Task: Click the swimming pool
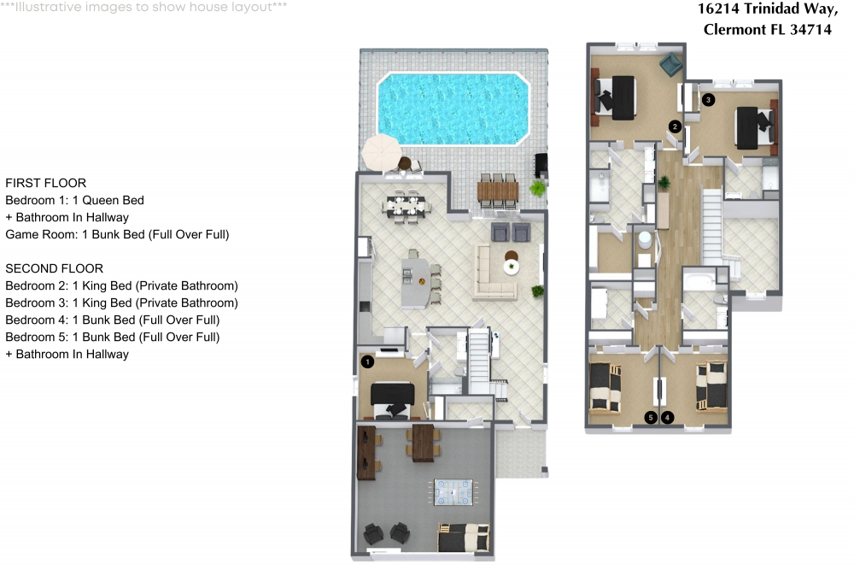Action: click(453, 109)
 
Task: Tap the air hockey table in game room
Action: click(453, 491)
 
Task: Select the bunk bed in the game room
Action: click(464, 538)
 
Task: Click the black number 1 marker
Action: click(367, 361)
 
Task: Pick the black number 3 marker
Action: click(708, 100)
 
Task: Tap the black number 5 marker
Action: click(651, 418)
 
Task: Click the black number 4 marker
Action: click(668, 418)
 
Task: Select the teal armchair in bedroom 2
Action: click(671, 64)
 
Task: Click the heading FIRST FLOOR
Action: click(45, 183)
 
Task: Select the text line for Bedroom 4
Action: click(112, 320)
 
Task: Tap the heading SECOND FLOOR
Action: click(54, 268)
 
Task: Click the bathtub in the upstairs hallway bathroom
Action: click(701, 279)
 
